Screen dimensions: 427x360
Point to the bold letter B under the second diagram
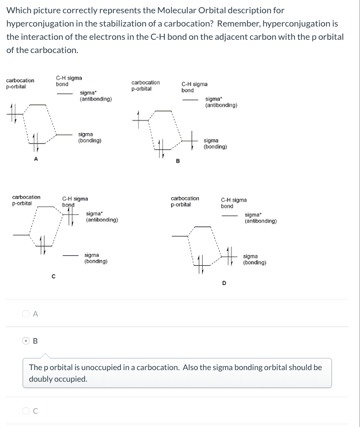(x=177, y=161)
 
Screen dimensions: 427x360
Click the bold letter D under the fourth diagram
(x=224, y=283)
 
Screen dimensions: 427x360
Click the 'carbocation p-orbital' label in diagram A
(x=20, y=83)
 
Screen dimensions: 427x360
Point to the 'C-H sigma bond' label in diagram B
(x=194, y=87)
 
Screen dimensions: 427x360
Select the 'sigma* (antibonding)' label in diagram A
(x=96, y=96)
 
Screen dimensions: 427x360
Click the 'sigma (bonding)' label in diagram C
(x=96, y=258)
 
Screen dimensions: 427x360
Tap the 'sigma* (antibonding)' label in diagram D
(x=261, y=218)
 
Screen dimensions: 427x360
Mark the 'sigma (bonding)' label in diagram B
(x=215, y=144)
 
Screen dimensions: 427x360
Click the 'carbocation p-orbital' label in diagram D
(x=185, y=201)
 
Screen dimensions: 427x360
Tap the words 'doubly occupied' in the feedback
(x=58, y=379)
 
